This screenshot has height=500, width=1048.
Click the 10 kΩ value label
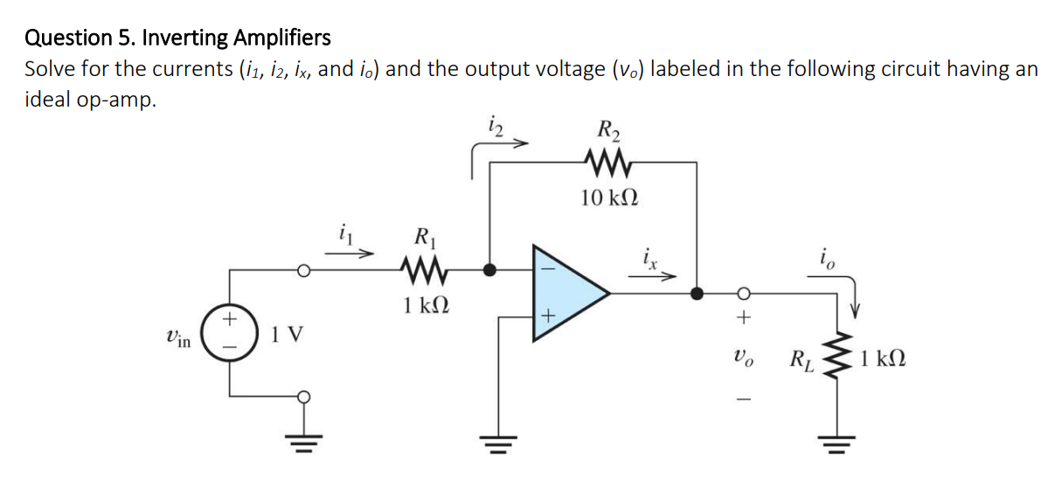tap(608, 198)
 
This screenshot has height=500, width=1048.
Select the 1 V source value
tap(285, 335)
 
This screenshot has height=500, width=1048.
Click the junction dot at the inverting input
tap(491, 270)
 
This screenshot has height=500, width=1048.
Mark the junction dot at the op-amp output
tap(697, 294)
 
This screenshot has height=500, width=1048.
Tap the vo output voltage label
tap(744, 358)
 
